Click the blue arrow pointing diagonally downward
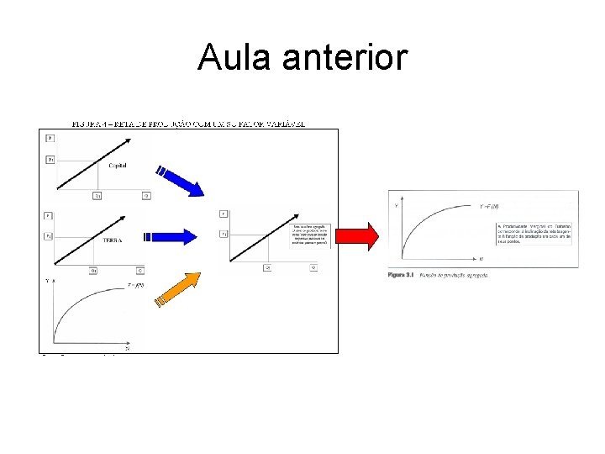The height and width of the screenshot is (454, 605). pos(184,180)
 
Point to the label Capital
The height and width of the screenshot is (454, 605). pos(117,166)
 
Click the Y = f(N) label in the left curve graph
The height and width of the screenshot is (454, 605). pos(136,285)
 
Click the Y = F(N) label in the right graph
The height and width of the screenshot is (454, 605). pos(489,206)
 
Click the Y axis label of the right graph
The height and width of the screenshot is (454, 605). pos(396,204)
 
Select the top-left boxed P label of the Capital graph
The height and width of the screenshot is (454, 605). pos(50,138)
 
